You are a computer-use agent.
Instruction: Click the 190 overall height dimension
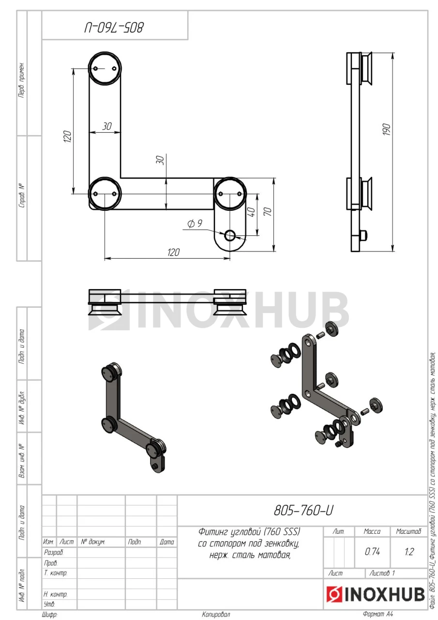coord(387,129)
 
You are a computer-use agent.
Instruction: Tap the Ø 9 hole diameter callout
coord(195,223)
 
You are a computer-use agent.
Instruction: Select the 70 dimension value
coord(268,212)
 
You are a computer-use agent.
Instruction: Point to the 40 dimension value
coord(251,212)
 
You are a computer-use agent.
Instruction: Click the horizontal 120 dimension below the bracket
coord(173,252)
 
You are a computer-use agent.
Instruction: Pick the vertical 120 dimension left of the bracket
coord(67,137)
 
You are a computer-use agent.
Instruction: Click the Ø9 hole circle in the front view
coord(229,236)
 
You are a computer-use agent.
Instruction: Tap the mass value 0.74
coord(372,552)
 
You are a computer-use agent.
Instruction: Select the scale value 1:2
coord(409,552)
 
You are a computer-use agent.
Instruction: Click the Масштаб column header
coord(408,531)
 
